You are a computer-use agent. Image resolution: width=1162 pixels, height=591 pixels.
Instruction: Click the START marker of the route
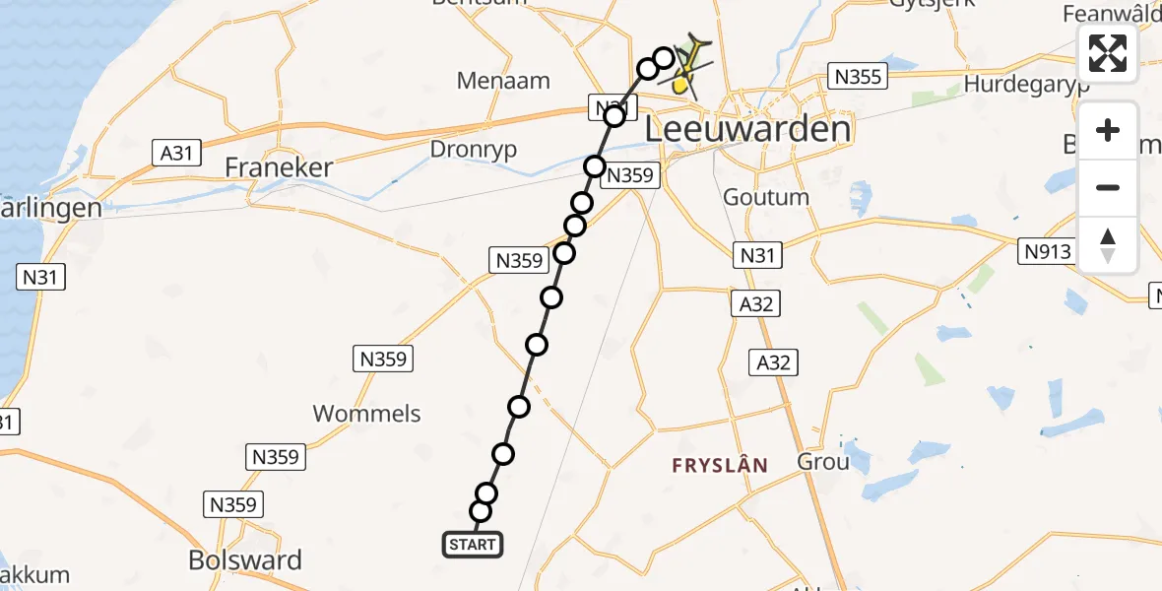pos(473,545)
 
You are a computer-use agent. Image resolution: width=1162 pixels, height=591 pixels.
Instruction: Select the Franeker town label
pos(279,167)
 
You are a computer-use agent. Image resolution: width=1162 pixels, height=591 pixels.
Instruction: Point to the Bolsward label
pos(245,560)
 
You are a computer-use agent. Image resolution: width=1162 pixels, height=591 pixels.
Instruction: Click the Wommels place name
pos(366,414)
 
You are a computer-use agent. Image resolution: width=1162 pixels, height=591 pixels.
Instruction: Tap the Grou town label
pos(822,461)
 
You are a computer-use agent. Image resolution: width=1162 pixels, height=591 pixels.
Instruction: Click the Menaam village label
pos(502,81)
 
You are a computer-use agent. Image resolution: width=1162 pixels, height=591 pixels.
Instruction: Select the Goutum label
pos(766,197)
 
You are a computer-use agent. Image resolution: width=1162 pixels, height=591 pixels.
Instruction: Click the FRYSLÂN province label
pos(720,465)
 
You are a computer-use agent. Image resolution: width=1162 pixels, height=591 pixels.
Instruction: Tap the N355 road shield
pos(859,76)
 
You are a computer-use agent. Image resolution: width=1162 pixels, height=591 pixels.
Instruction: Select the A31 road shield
pos(176,153)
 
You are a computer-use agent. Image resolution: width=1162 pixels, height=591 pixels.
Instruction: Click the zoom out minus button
pos(1108,188)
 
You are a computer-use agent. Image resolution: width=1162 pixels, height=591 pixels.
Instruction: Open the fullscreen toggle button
pos(1108,53)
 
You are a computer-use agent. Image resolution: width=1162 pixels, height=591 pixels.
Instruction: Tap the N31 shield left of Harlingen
pos(41,278)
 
